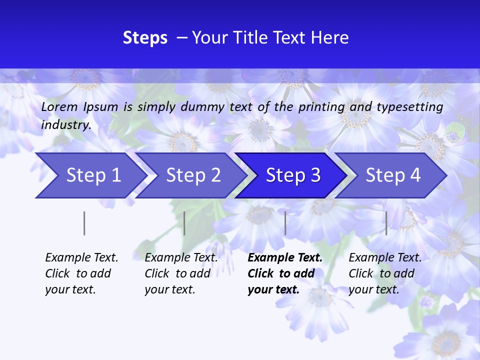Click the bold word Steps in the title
pos(145,38)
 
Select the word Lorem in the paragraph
pos(59,106)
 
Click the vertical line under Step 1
pos(84,223)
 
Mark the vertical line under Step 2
pos(184,223)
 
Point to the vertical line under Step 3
pos(285,223)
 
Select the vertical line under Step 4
pos(386,223)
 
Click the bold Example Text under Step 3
pos(285,258)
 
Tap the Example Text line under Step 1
pos(81,258)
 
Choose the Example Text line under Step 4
pos(385,258)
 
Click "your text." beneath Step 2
pos(170,289)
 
